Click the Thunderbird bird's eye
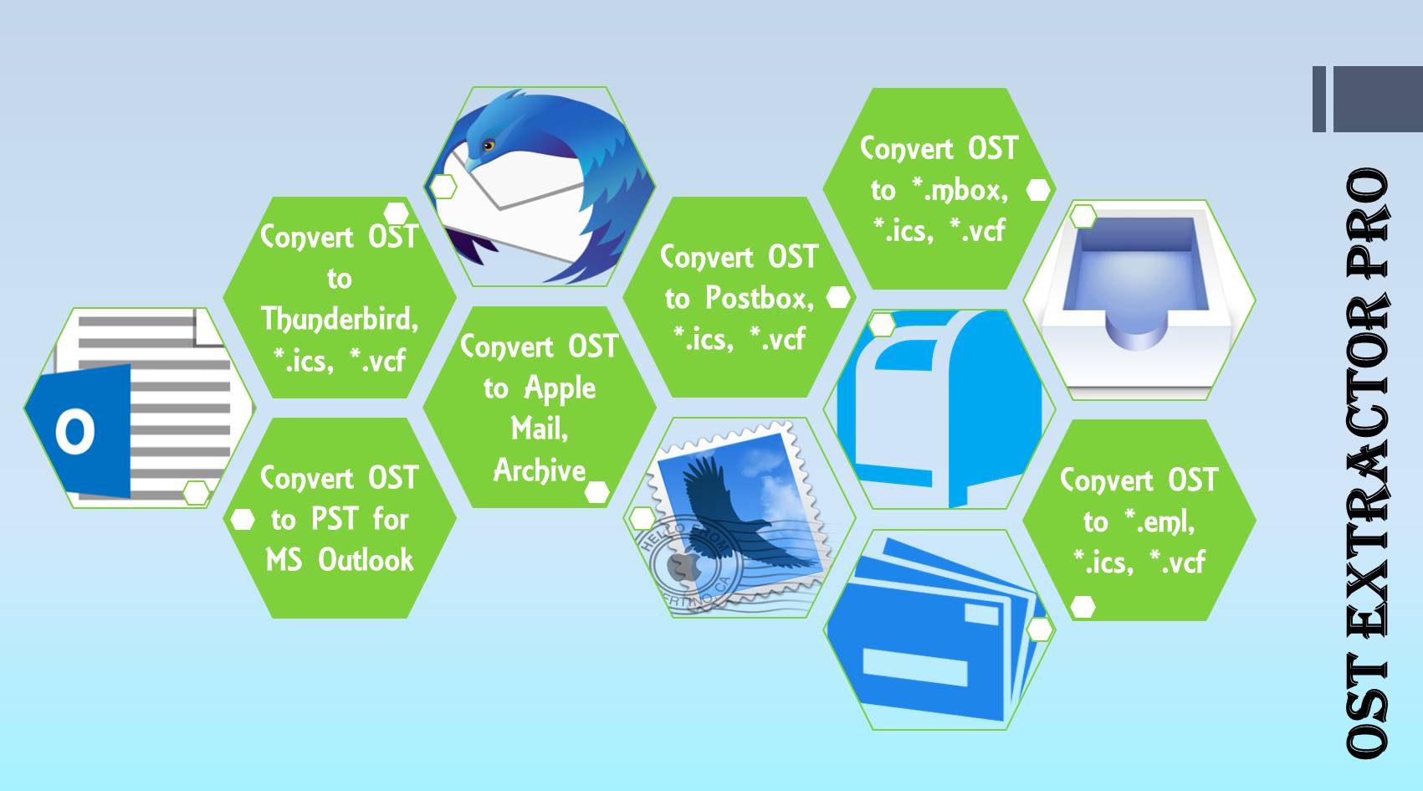pyautogui.click(x=489, y=146)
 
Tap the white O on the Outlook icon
pyautogui.click(x=74, y=432)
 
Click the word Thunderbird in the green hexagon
pyautogui.click(x=339, y=319)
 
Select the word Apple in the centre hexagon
pyautogui.click(x=560, y=388)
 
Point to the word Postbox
pyautogui.click(x=759, y=298)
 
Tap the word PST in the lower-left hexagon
pyautogui.click(x=335, y=519)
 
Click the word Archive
pyautogui.click(x=540, y=470)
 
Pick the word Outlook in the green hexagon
pyautogui.click(x=366, y=559)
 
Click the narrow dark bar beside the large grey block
pyautogui.click(x=1319, y=99)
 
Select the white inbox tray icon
pyautogui.click(x=1138, y=297)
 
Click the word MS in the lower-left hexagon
pyautogui.click(x=284, y=559)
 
